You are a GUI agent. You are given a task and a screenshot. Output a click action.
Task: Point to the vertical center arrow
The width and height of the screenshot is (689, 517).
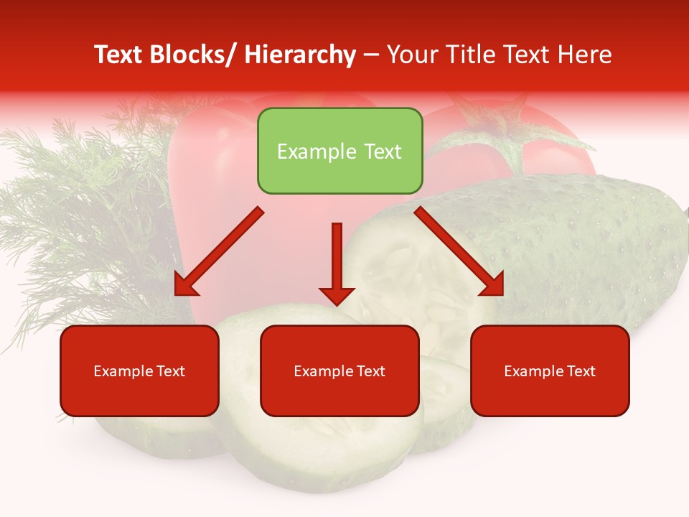point(337,255)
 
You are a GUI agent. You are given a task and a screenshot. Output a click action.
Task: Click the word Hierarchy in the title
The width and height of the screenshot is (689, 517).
point(300,55)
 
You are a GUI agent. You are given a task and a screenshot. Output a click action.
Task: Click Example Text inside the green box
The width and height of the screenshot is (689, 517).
point(339,152)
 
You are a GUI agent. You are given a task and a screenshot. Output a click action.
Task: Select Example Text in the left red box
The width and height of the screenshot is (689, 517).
point(139,371)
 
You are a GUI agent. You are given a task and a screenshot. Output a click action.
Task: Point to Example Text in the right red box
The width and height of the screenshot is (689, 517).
point(550,371)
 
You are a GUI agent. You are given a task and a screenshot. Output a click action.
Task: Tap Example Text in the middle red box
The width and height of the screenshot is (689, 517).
point(339,371)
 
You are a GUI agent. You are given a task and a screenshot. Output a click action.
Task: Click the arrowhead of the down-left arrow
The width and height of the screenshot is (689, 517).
point(185,286)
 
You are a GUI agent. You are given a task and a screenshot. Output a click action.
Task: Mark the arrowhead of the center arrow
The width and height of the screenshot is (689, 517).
point(337,295)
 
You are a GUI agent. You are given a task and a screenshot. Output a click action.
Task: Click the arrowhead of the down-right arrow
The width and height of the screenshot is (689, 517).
point(494,286)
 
